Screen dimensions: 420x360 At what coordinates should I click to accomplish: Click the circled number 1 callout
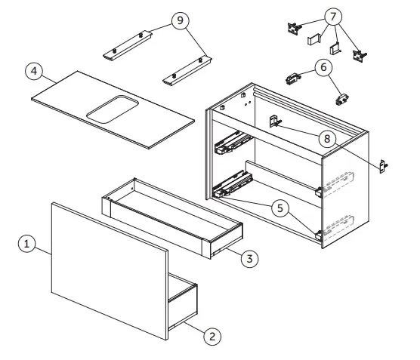26,244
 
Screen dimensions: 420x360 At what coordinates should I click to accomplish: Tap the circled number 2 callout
212,336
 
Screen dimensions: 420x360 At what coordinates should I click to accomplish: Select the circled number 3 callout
249,259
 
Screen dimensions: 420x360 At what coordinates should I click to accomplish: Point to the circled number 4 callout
34,71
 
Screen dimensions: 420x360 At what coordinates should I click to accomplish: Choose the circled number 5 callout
280,208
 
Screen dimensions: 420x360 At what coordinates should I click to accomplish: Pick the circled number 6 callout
323,67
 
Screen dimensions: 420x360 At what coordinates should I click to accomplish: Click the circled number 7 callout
333,17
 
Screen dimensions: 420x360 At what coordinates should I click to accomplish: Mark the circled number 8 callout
327,139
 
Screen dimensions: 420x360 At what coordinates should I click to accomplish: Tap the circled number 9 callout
181,20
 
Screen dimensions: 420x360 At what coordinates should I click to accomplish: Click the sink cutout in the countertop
113,109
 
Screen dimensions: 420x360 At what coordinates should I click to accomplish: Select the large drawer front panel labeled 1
110,271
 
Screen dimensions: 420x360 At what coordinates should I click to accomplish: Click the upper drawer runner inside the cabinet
233,143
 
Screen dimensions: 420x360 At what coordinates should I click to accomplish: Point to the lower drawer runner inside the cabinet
233,183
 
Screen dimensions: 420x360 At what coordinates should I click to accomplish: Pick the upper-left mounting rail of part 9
128,45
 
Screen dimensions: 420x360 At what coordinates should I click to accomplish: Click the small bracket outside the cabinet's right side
383,166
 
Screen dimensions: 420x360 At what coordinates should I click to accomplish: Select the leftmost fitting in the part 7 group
294,28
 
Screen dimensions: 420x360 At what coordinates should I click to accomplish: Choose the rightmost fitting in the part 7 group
360,56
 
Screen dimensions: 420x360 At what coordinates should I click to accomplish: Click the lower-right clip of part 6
342,100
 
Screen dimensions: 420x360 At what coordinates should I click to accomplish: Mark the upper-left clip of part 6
293,78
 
